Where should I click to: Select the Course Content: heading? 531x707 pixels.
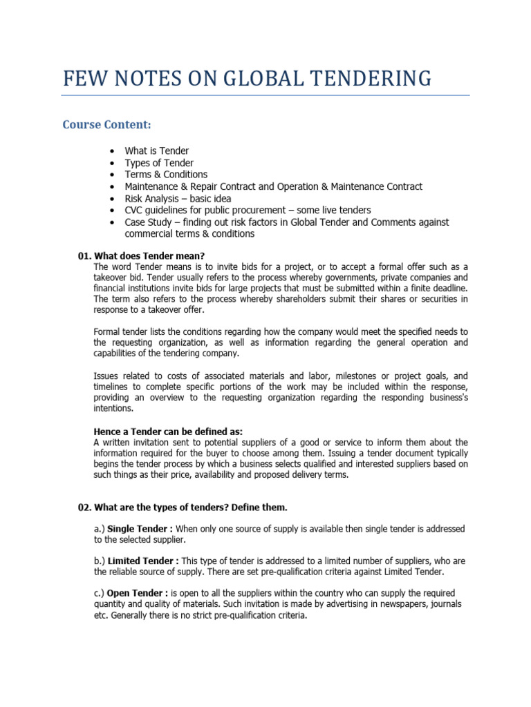[x=106, y=125]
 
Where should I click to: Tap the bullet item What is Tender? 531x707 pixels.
[x=156, y=151]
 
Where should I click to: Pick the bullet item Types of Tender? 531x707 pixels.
[x=159, y=163]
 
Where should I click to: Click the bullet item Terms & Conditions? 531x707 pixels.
[x=166, y=175]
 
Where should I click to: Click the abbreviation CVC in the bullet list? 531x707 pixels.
[x=135, y=211]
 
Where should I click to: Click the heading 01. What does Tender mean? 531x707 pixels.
[x=141, y=255]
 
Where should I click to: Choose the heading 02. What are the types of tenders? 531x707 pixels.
[x=183, y=507]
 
